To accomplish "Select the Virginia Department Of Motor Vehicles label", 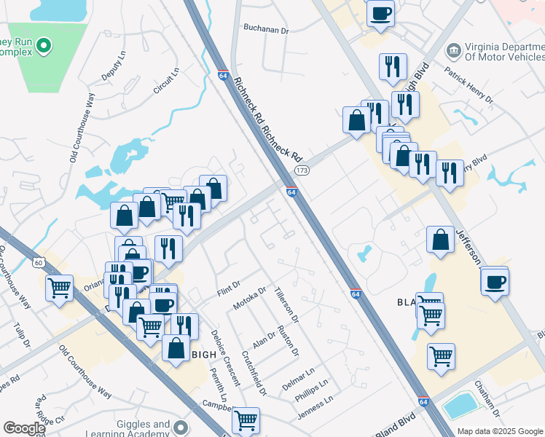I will point(503,51).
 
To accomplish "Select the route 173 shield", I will point(300,170).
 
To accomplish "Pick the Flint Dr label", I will point(228,288).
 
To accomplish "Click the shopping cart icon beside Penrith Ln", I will point(246,419).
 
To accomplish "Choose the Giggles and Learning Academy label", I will point(144,429).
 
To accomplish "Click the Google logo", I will point(24,428).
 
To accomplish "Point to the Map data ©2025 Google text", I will point(499,431).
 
